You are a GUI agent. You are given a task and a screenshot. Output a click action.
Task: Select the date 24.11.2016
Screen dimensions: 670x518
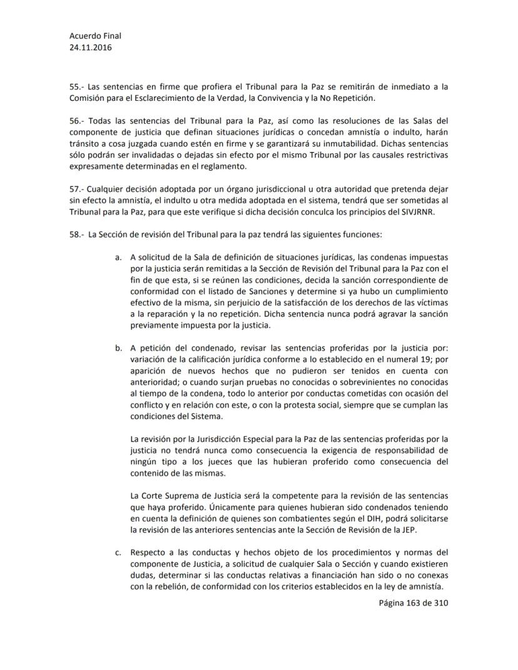coord(91,47)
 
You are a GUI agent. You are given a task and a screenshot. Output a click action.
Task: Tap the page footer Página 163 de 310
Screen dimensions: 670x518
coord(414,603)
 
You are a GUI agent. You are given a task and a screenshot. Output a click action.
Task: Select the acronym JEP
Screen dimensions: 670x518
coord(424,530)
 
